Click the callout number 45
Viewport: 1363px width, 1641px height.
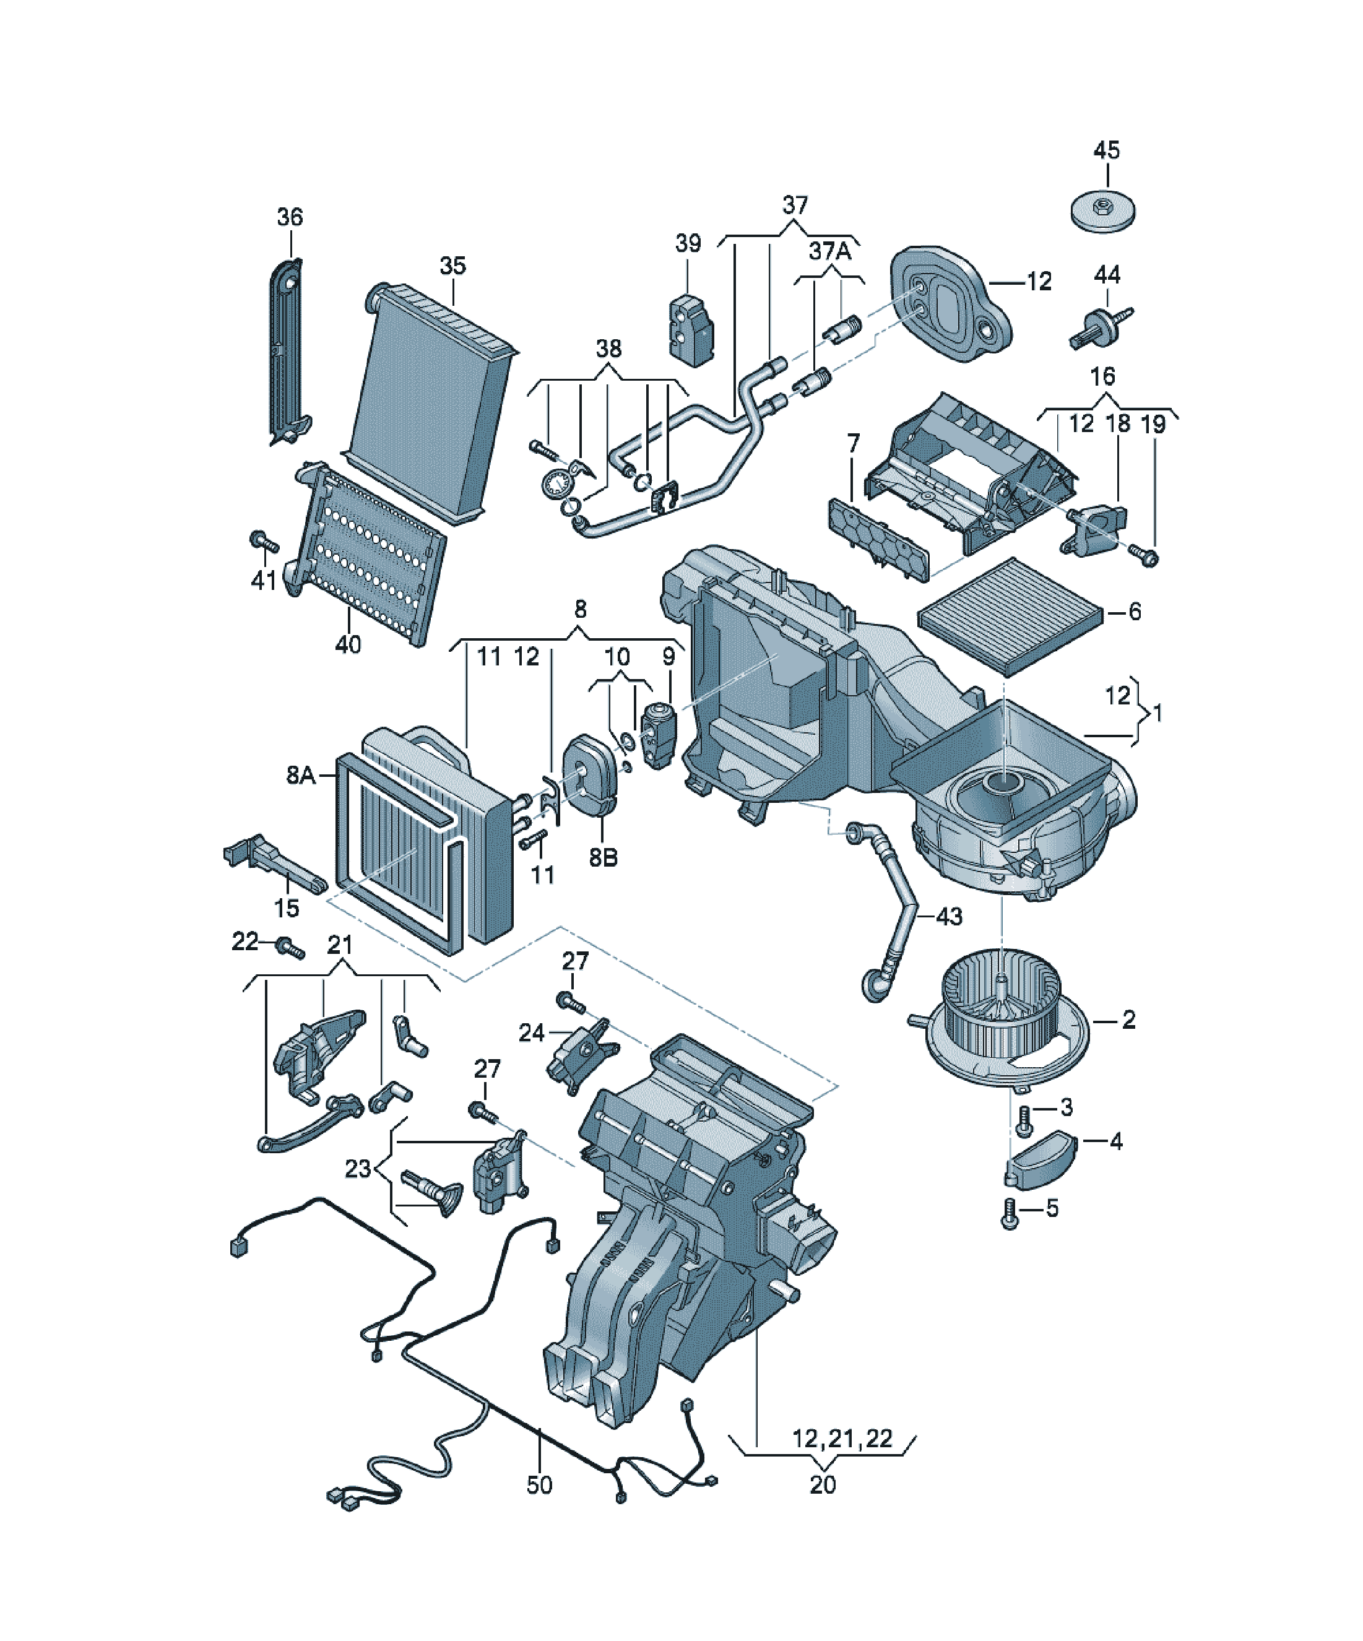coord(1106,150)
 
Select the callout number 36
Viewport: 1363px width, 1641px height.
coord(290,217)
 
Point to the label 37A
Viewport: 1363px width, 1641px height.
coord(829,251)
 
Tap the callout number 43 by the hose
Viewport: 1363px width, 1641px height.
coord(949,917)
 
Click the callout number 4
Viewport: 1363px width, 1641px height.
coord(1116,1141)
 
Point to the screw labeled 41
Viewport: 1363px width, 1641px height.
coord(264,541)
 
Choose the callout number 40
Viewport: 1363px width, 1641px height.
coord(348,644)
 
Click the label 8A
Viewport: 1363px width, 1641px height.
coord(301,775)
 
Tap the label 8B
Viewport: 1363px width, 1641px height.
coord(604,858)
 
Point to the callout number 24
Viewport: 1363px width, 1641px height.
coord(532,1033)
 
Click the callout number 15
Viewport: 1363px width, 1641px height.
coord(287,908)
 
